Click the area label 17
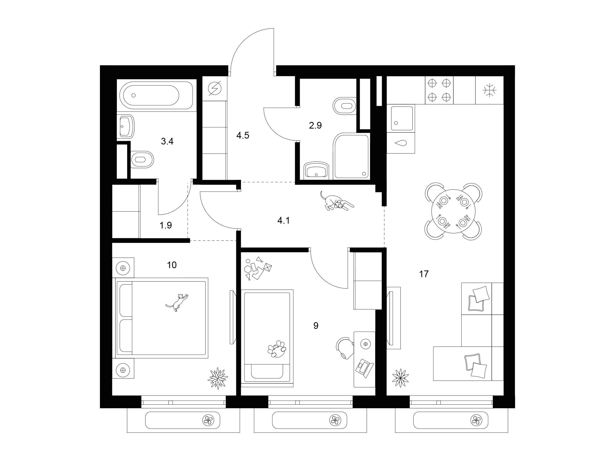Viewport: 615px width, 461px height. coord(424,274)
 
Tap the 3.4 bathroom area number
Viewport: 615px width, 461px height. coord(167,141)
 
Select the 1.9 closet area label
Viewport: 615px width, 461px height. coord(166,225)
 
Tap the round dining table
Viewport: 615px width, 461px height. coord(453,212)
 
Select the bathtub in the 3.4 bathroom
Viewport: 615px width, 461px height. coord(156,95)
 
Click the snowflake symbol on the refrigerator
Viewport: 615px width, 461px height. coord(490,90)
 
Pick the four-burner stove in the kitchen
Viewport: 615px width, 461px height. coord(439,90)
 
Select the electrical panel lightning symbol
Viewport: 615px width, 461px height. coord(214,88)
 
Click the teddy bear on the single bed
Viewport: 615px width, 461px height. coord(277,349)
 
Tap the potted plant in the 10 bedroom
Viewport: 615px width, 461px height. coord(218,378)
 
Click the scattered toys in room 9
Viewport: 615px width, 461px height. coord(258,268)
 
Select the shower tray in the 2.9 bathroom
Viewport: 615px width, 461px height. coord(352,156)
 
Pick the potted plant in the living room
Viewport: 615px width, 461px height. coord(400,378)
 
